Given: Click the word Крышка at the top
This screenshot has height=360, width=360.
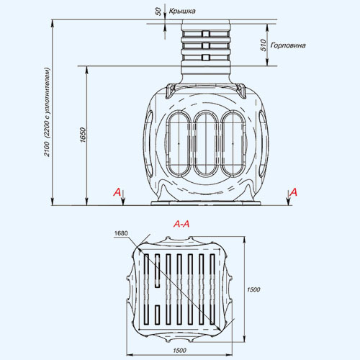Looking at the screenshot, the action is click(x=182, y=11).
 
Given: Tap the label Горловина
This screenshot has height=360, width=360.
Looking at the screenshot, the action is click(x=288, y=45).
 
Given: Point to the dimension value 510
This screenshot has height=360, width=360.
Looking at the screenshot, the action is click(x=264, y=45).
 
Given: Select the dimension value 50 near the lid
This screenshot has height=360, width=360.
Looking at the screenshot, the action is click(x=158, y=12).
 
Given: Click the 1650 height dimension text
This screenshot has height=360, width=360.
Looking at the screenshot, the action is click(x=83, y=135).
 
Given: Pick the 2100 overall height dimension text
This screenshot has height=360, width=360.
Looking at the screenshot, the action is click(x=47, y=149).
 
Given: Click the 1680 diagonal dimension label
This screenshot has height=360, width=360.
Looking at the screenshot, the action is click(x=121, y=233).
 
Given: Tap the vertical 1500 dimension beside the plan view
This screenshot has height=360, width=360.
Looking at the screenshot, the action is click(x=253, y=289).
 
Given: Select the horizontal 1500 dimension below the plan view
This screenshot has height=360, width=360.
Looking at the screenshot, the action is click(x=179, y=351).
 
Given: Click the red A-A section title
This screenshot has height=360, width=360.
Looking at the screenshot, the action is click(x=181, y=224).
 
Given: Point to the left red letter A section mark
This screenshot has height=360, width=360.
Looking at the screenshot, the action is click(x=117, y=192).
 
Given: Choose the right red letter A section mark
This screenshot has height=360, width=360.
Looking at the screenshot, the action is click(x=294, y=192).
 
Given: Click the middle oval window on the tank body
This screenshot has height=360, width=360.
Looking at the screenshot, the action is click(x=206, y=143).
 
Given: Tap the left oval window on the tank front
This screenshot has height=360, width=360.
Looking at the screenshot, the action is click(x=179, y=143).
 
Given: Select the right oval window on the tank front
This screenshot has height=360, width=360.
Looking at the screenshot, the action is click(x=233, y=143).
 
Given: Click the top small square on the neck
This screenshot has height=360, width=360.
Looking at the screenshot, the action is click(x=206, y=34).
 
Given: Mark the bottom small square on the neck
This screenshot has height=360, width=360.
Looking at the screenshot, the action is click(x=206, y=58).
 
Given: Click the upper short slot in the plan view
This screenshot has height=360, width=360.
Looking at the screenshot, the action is click(x=158, y=271).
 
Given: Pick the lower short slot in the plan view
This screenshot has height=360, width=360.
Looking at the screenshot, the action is click(x=158, y=315).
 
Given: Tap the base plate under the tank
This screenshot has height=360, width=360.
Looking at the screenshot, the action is click(x=206, y=203).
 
